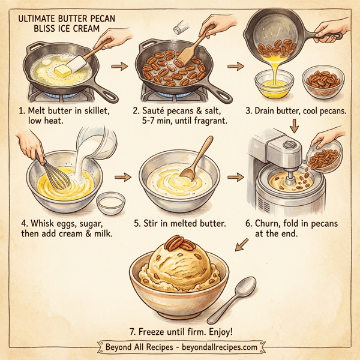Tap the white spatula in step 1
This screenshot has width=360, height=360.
78,62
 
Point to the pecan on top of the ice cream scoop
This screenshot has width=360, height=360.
175,243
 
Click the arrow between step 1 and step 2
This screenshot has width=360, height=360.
120,66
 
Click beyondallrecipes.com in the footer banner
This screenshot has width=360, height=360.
218,347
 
